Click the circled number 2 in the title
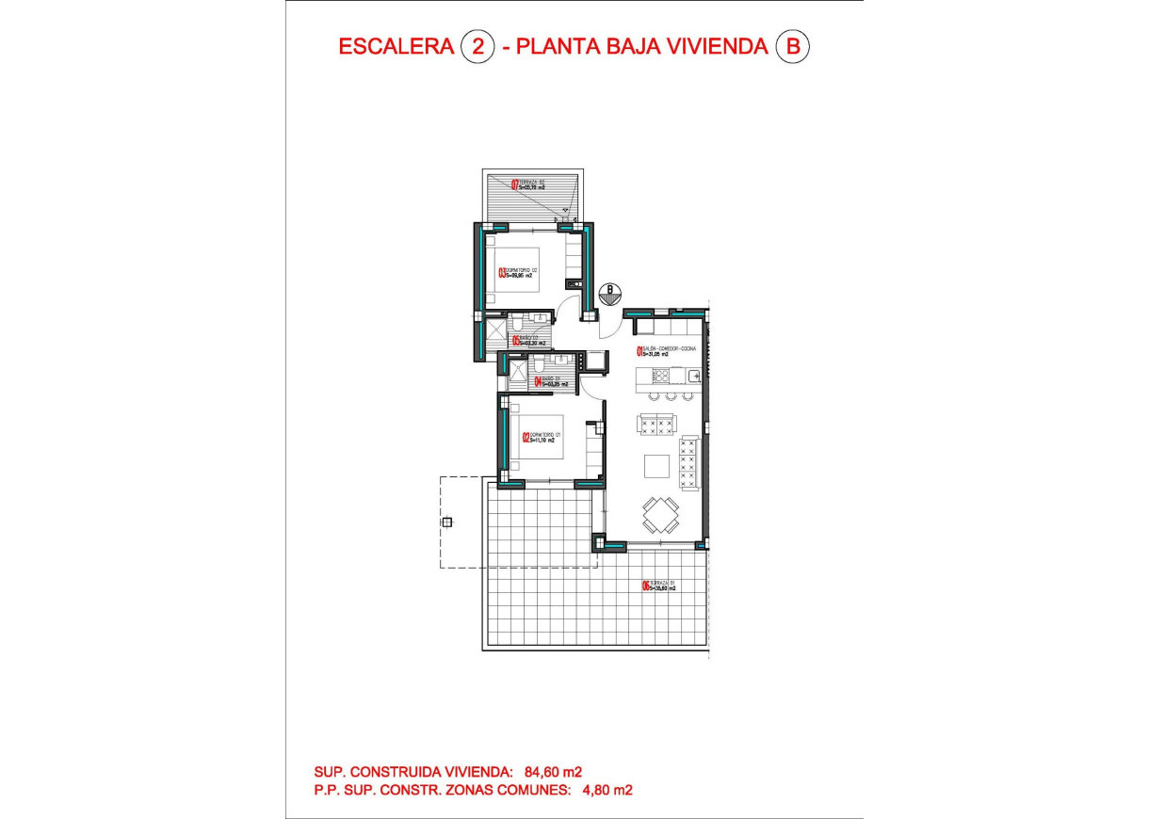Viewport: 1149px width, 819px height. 477,46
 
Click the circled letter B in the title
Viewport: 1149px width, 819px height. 792,46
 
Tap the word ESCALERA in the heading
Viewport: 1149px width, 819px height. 396,46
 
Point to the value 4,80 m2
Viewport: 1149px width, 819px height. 604,791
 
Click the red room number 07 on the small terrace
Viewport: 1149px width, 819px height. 514,185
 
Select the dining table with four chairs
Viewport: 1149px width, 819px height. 661,515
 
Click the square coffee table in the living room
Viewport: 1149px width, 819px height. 657,466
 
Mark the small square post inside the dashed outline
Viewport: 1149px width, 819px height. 446,522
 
